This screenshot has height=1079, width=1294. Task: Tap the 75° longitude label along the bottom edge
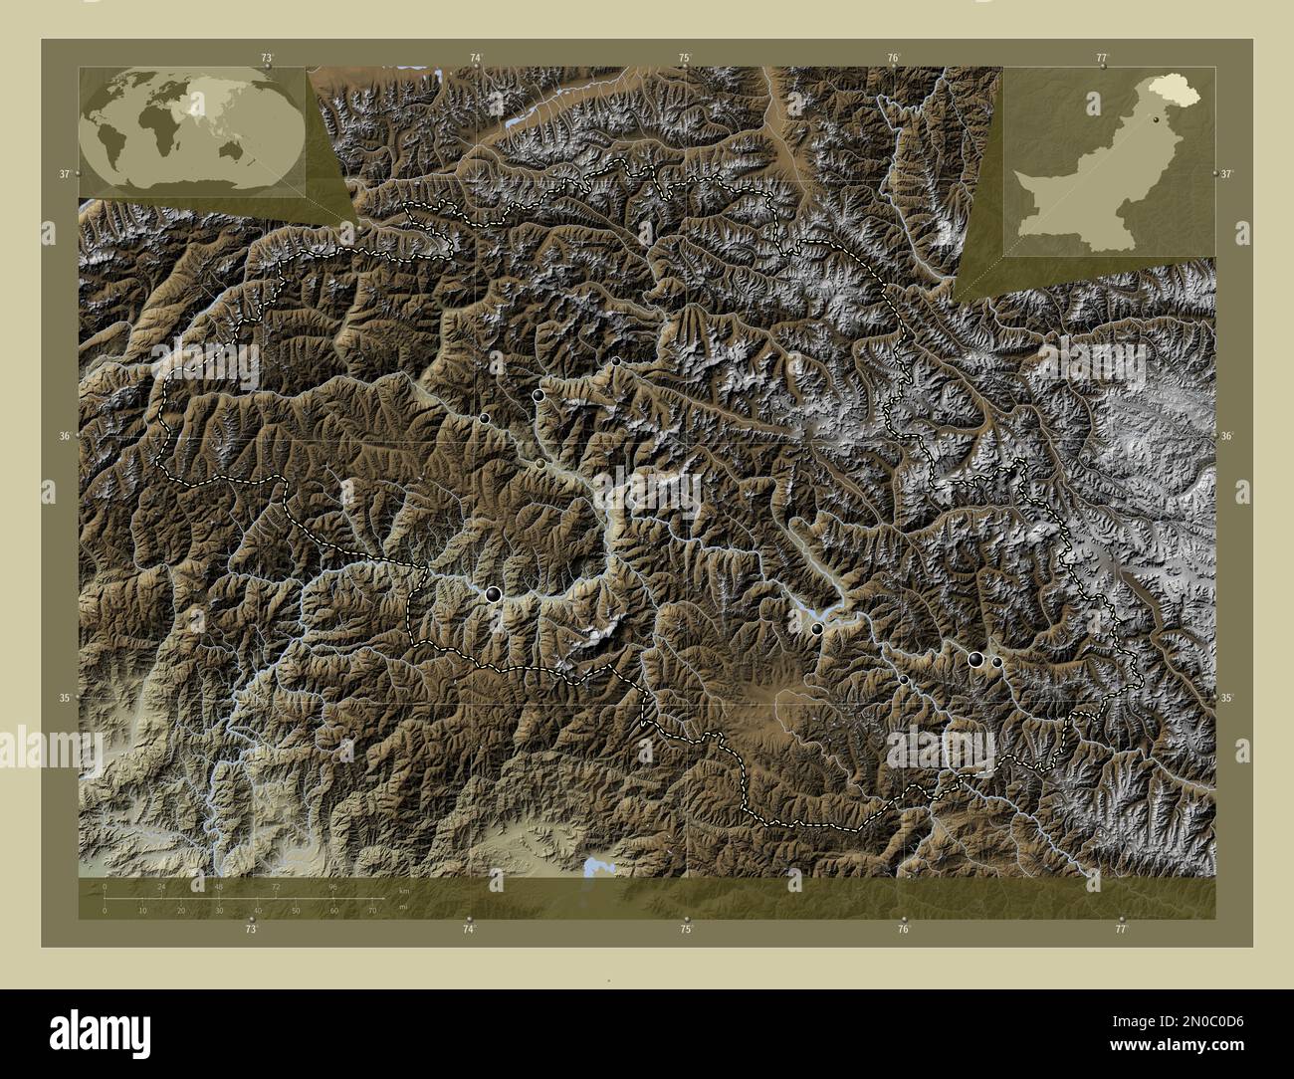click(686, 929)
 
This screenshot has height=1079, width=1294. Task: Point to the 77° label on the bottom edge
click(1121, 929)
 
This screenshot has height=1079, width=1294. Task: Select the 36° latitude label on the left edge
click(65, 436)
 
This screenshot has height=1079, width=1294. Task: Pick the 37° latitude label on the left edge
click(65, 173)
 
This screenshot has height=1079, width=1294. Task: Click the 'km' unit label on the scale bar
click(403, 889)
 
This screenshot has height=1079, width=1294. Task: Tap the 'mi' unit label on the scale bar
click(402, 907)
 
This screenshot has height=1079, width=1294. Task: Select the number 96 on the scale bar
click(334, 885)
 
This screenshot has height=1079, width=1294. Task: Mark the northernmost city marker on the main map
click(617, 360)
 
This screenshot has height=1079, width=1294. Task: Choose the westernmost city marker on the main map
click(485, 419)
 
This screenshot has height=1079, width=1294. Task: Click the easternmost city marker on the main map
click(996, 662)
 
